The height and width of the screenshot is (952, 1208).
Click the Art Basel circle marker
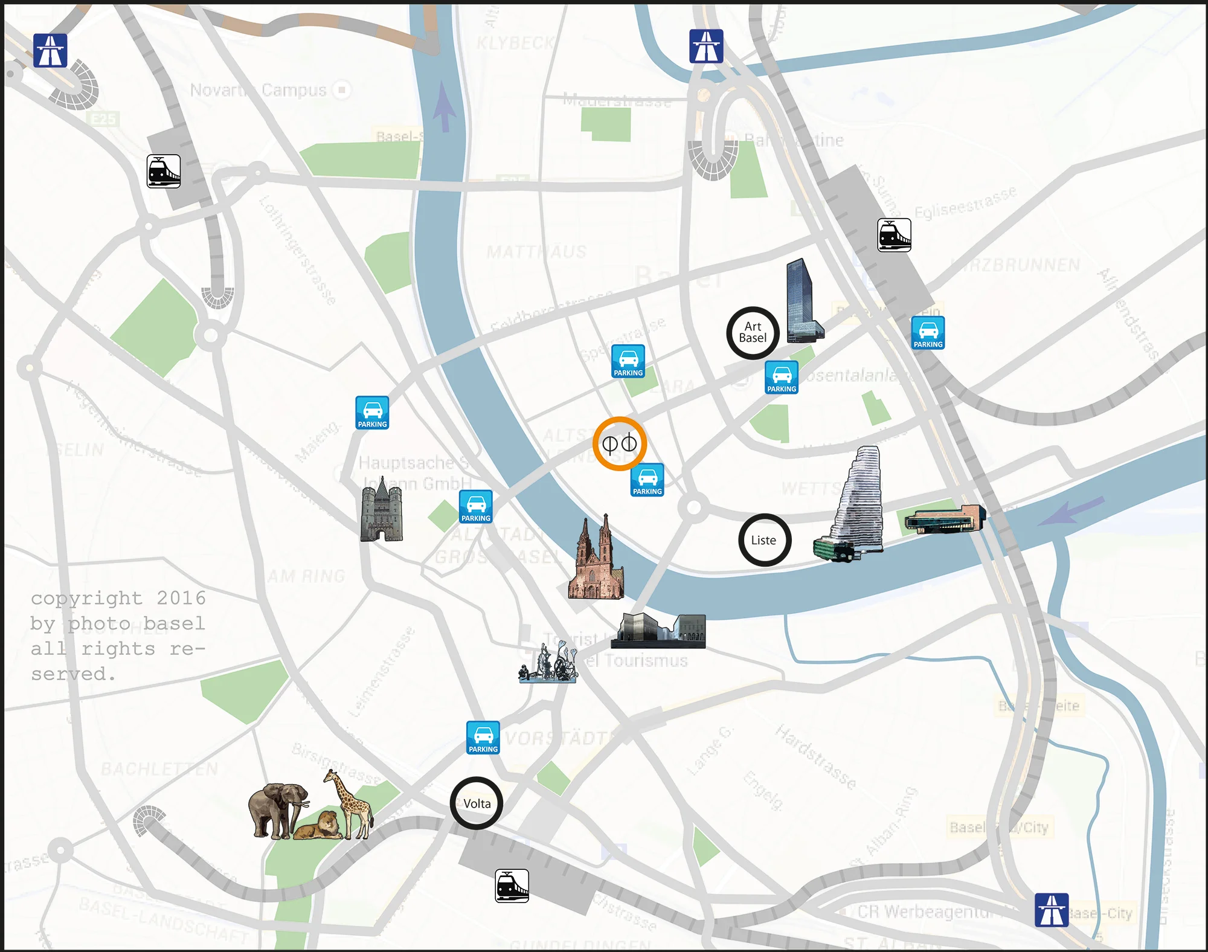[753, 333]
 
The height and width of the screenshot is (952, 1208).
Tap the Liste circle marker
[765, 540]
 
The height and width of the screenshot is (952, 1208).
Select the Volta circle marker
[477, 803]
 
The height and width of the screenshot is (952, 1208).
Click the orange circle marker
[620, 443]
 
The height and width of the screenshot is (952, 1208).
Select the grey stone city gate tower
[381, 510]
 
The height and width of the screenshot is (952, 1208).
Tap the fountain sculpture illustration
[548, 663]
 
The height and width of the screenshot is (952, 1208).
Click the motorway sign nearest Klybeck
[706, 47]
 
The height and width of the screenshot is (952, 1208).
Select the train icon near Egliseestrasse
[894, 235]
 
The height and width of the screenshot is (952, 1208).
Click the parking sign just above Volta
[483, 738]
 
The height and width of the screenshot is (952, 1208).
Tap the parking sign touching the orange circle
[647, 480]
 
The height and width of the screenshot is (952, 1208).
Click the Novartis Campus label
[259, 90]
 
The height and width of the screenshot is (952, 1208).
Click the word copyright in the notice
[87, 598]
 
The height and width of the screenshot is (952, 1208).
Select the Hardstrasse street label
[816, 757]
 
